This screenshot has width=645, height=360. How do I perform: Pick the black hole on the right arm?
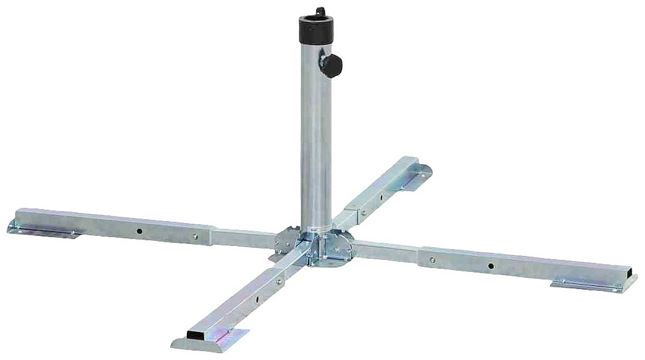491,266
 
